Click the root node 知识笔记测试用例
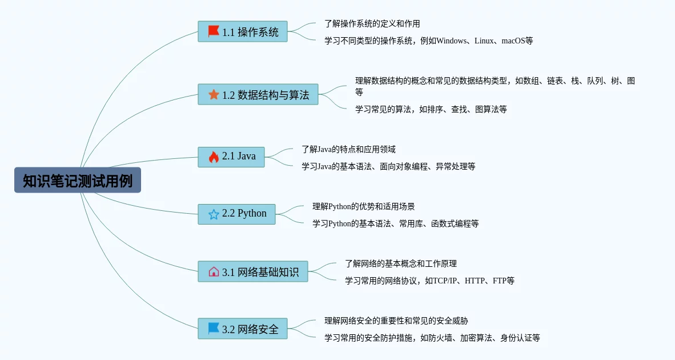(78, 181)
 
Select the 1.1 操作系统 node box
(243, 31)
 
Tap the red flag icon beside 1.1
(214, 31)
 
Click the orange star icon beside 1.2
(214, 94)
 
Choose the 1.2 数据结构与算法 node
(258, 94)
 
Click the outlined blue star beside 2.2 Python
(214, 214)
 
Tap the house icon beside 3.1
(214, 271)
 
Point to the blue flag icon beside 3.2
(214, 329)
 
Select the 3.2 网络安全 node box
(243, 329)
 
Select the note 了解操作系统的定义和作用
(372, 23)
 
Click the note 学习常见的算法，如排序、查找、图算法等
(431, 109)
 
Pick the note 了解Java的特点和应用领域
(348, 149)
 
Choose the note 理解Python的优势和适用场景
(363, 206)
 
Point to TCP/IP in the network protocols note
(443, 281)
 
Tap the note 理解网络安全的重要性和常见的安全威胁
(396, 321)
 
